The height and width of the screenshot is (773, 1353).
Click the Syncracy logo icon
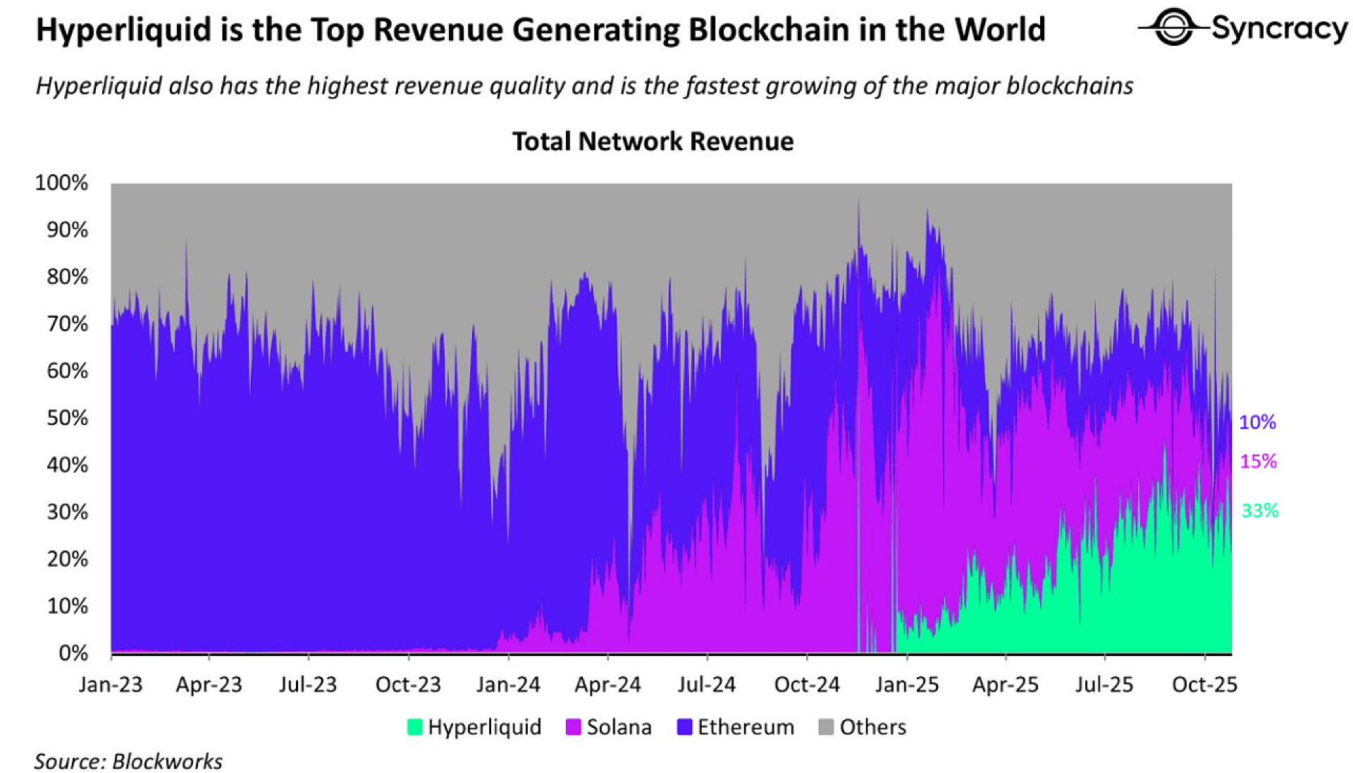click(x=1173, y=27)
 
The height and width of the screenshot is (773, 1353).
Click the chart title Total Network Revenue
click(x=653, y=142)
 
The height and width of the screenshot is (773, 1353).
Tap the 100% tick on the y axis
click(x=62, y=183)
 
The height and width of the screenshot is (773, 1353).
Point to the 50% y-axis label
click(x=67, y=418)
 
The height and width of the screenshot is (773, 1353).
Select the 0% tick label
click(x=73, y=653)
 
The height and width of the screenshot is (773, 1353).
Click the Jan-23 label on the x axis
click(x=111, y=684)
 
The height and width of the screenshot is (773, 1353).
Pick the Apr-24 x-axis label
click(x=608, y=684)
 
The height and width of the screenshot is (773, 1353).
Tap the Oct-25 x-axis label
click(x=1204, y=684)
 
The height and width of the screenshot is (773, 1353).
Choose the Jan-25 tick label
click(x=907, y=684)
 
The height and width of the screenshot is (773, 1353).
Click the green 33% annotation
click(x=1259, y=511)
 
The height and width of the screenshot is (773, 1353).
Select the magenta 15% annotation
click(x=1258, y=462)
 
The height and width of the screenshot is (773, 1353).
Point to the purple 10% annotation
click(x=1257, y=422)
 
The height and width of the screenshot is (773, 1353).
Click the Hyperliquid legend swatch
click(x=415, y=727)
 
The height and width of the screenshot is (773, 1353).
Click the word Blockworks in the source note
click(x=167, y=762)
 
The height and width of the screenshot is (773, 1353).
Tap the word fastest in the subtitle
click(x=722, y=86)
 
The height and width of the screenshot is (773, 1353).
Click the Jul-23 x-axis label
click(x=308, y=684)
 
